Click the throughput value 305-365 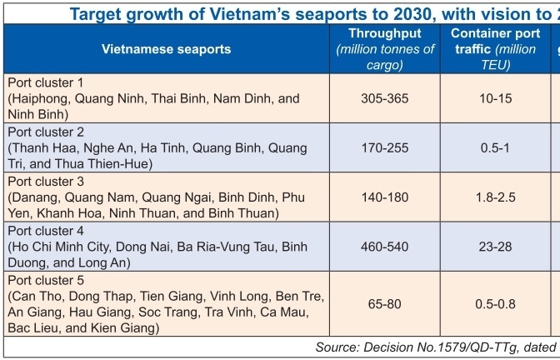point(384,98)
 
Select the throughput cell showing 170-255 point(384,147)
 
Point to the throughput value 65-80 point(384,305)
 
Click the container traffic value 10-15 point(493,98)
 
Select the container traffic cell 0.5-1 point(493,147)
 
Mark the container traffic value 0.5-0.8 point(493,305)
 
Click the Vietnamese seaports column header point(166,49)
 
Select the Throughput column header point(385,34)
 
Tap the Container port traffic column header point(493,34)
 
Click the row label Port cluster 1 point(45,82)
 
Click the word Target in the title point(94,13)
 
